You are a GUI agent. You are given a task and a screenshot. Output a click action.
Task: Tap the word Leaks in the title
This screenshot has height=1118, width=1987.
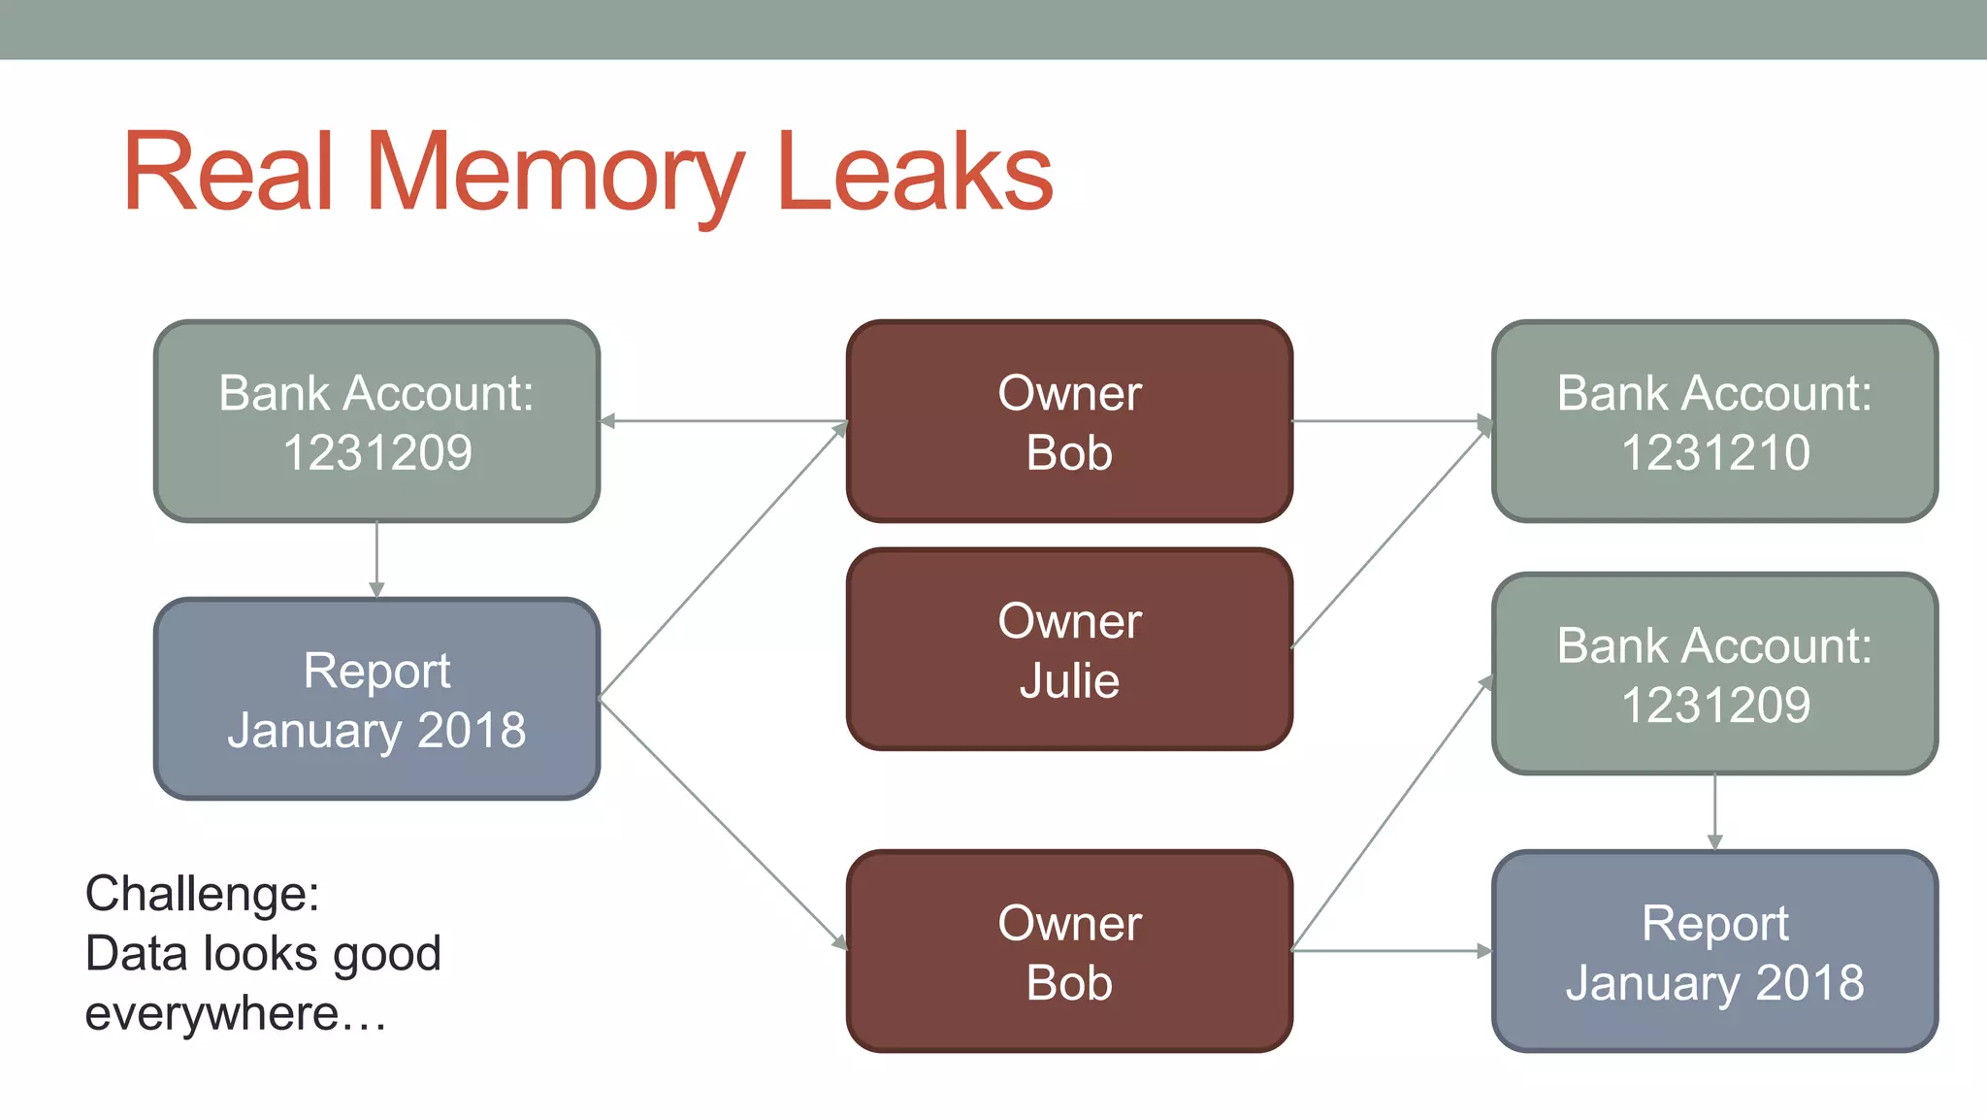[x=914, y=173]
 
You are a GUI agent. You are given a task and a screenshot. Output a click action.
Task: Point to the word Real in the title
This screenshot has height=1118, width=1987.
[x=229, y=173]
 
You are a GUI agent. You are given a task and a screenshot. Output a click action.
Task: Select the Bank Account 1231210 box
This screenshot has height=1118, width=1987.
[x=1714, y=421]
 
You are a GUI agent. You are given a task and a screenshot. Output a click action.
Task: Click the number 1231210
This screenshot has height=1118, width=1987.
[x=1714, y=453]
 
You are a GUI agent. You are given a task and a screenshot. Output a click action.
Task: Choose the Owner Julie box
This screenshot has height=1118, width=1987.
[x=1069, y=649]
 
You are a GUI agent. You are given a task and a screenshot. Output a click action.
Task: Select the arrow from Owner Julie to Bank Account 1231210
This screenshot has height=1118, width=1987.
[x=1390, y=537]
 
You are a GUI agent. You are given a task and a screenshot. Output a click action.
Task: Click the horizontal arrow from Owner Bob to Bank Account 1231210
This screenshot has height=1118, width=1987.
[x=1391, y=421]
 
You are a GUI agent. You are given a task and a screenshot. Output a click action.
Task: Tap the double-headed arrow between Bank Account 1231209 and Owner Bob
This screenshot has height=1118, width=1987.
[x=723, y=421]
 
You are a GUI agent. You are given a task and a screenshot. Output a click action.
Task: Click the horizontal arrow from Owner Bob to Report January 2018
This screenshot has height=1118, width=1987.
[x=1391, y=951]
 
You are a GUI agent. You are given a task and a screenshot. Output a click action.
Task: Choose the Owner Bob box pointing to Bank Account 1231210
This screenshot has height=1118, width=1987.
[x=1069, y=421]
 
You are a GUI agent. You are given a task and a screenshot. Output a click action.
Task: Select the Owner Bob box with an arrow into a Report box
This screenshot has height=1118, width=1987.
[x=1069, y=951]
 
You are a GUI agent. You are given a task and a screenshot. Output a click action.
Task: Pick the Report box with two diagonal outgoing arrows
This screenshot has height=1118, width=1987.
[x=376, y=699]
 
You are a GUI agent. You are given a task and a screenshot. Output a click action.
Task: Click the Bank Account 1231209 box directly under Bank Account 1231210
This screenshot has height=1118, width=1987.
[x=1714, y=674]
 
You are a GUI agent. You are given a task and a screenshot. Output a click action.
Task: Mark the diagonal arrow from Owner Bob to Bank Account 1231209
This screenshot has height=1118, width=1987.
[x=1390, y=815]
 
